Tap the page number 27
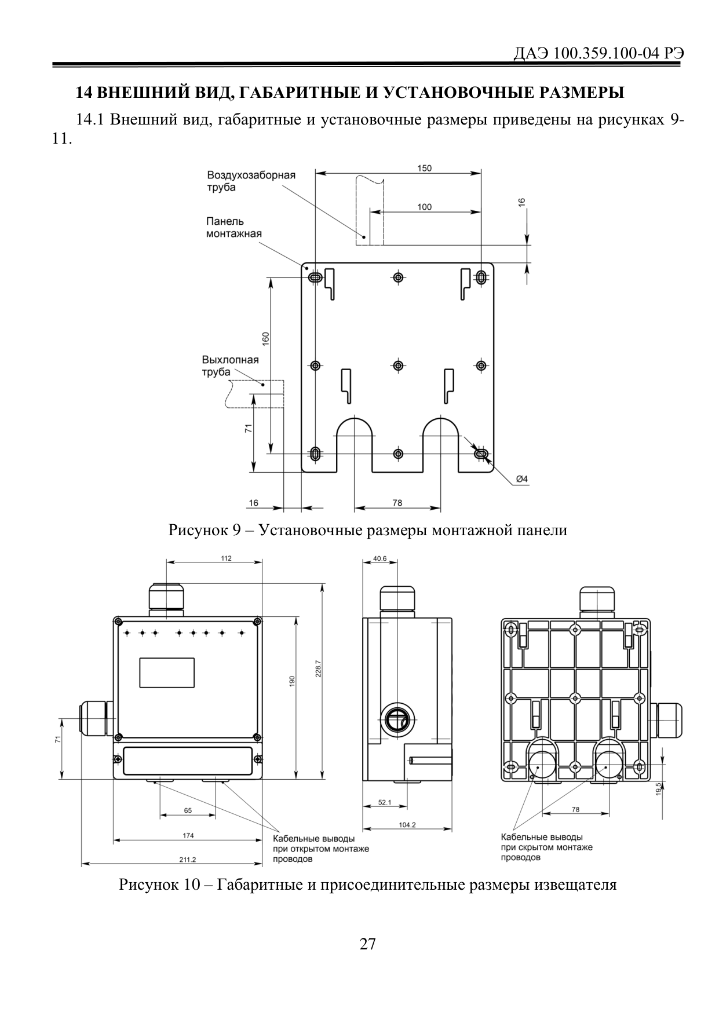[x=367, y=944]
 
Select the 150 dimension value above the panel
[x=425, y=169]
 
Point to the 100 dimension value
[x=425, y=207]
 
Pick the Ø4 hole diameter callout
[x=522, y=478]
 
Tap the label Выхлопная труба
[x=230, y=366]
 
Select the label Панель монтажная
[x=234, y=228]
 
